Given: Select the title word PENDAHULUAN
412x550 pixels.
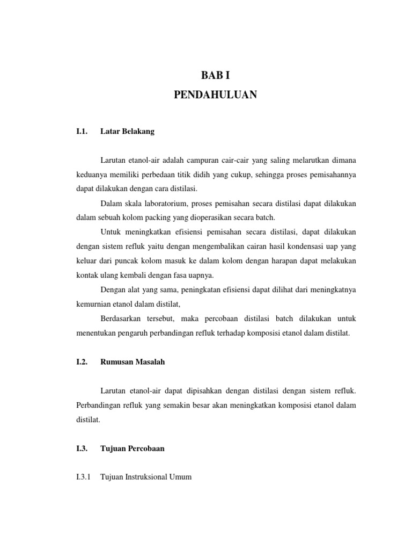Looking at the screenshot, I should pos(215,95).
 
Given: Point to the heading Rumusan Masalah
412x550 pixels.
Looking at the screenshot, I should pos(133,362).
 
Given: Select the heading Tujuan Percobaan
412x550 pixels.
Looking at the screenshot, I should pos(132,448).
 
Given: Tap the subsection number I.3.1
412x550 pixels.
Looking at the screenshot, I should pos(84,477).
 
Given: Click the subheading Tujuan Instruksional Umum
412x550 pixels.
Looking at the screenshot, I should pos(146,477).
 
